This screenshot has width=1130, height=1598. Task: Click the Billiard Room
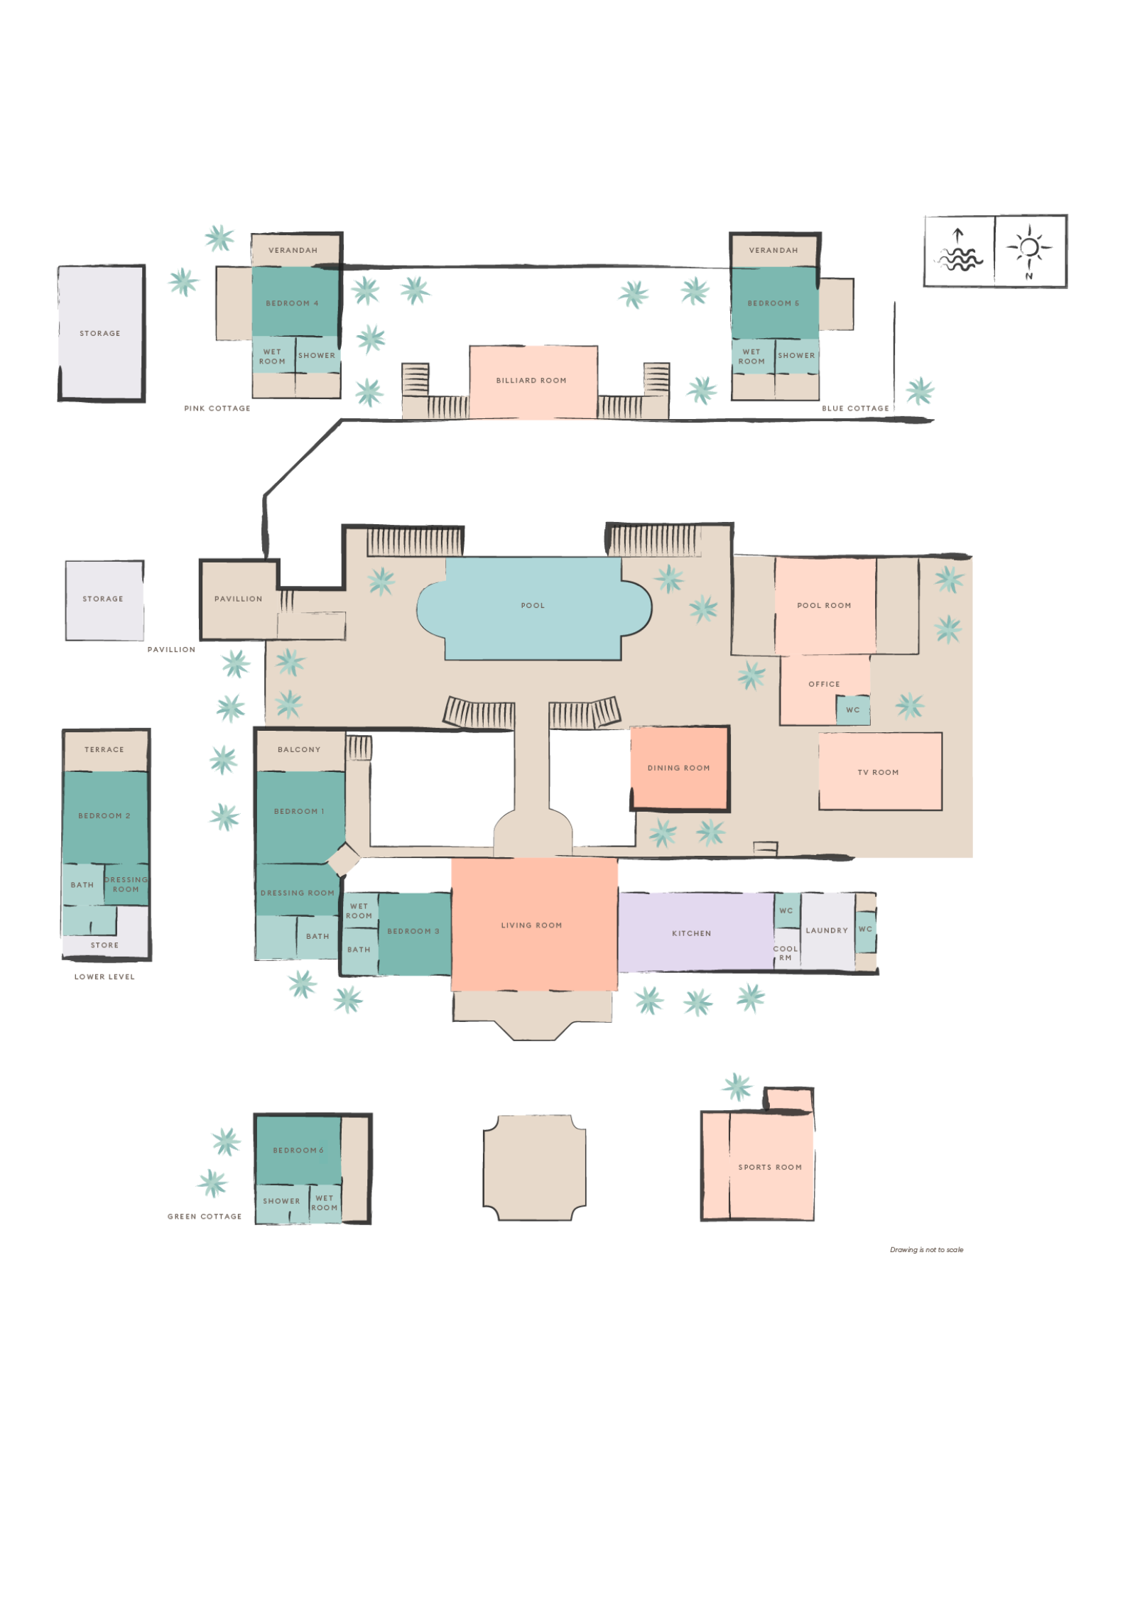532,381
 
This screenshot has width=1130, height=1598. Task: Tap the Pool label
533,606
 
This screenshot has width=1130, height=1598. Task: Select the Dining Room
679,768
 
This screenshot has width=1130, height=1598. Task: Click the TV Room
879,772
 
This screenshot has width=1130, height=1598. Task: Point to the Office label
824,684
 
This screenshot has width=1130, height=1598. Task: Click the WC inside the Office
853,710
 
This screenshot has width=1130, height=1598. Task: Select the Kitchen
692,933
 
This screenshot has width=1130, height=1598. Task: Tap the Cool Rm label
786,953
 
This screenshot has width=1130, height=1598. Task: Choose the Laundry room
827,930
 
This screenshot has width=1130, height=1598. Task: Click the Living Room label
531,925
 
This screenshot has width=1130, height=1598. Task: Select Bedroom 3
413,931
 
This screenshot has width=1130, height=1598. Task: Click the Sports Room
770,1167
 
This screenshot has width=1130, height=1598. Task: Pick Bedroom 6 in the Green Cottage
298,1150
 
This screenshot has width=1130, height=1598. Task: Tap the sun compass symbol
1030,250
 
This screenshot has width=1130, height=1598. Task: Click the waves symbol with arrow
959,251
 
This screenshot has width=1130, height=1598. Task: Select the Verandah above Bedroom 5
773,250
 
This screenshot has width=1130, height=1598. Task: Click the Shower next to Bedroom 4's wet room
317,355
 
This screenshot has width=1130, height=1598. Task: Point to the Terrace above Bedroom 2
104,749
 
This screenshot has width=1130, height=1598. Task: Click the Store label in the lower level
104,945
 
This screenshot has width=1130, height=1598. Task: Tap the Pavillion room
238,599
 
